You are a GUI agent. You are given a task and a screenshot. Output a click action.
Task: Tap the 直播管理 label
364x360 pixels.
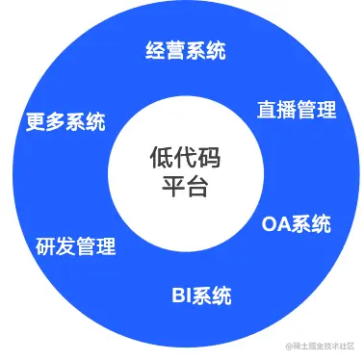296,109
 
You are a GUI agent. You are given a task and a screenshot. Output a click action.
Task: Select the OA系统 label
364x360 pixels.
296,225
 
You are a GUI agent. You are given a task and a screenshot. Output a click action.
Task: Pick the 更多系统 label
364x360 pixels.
65,123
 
